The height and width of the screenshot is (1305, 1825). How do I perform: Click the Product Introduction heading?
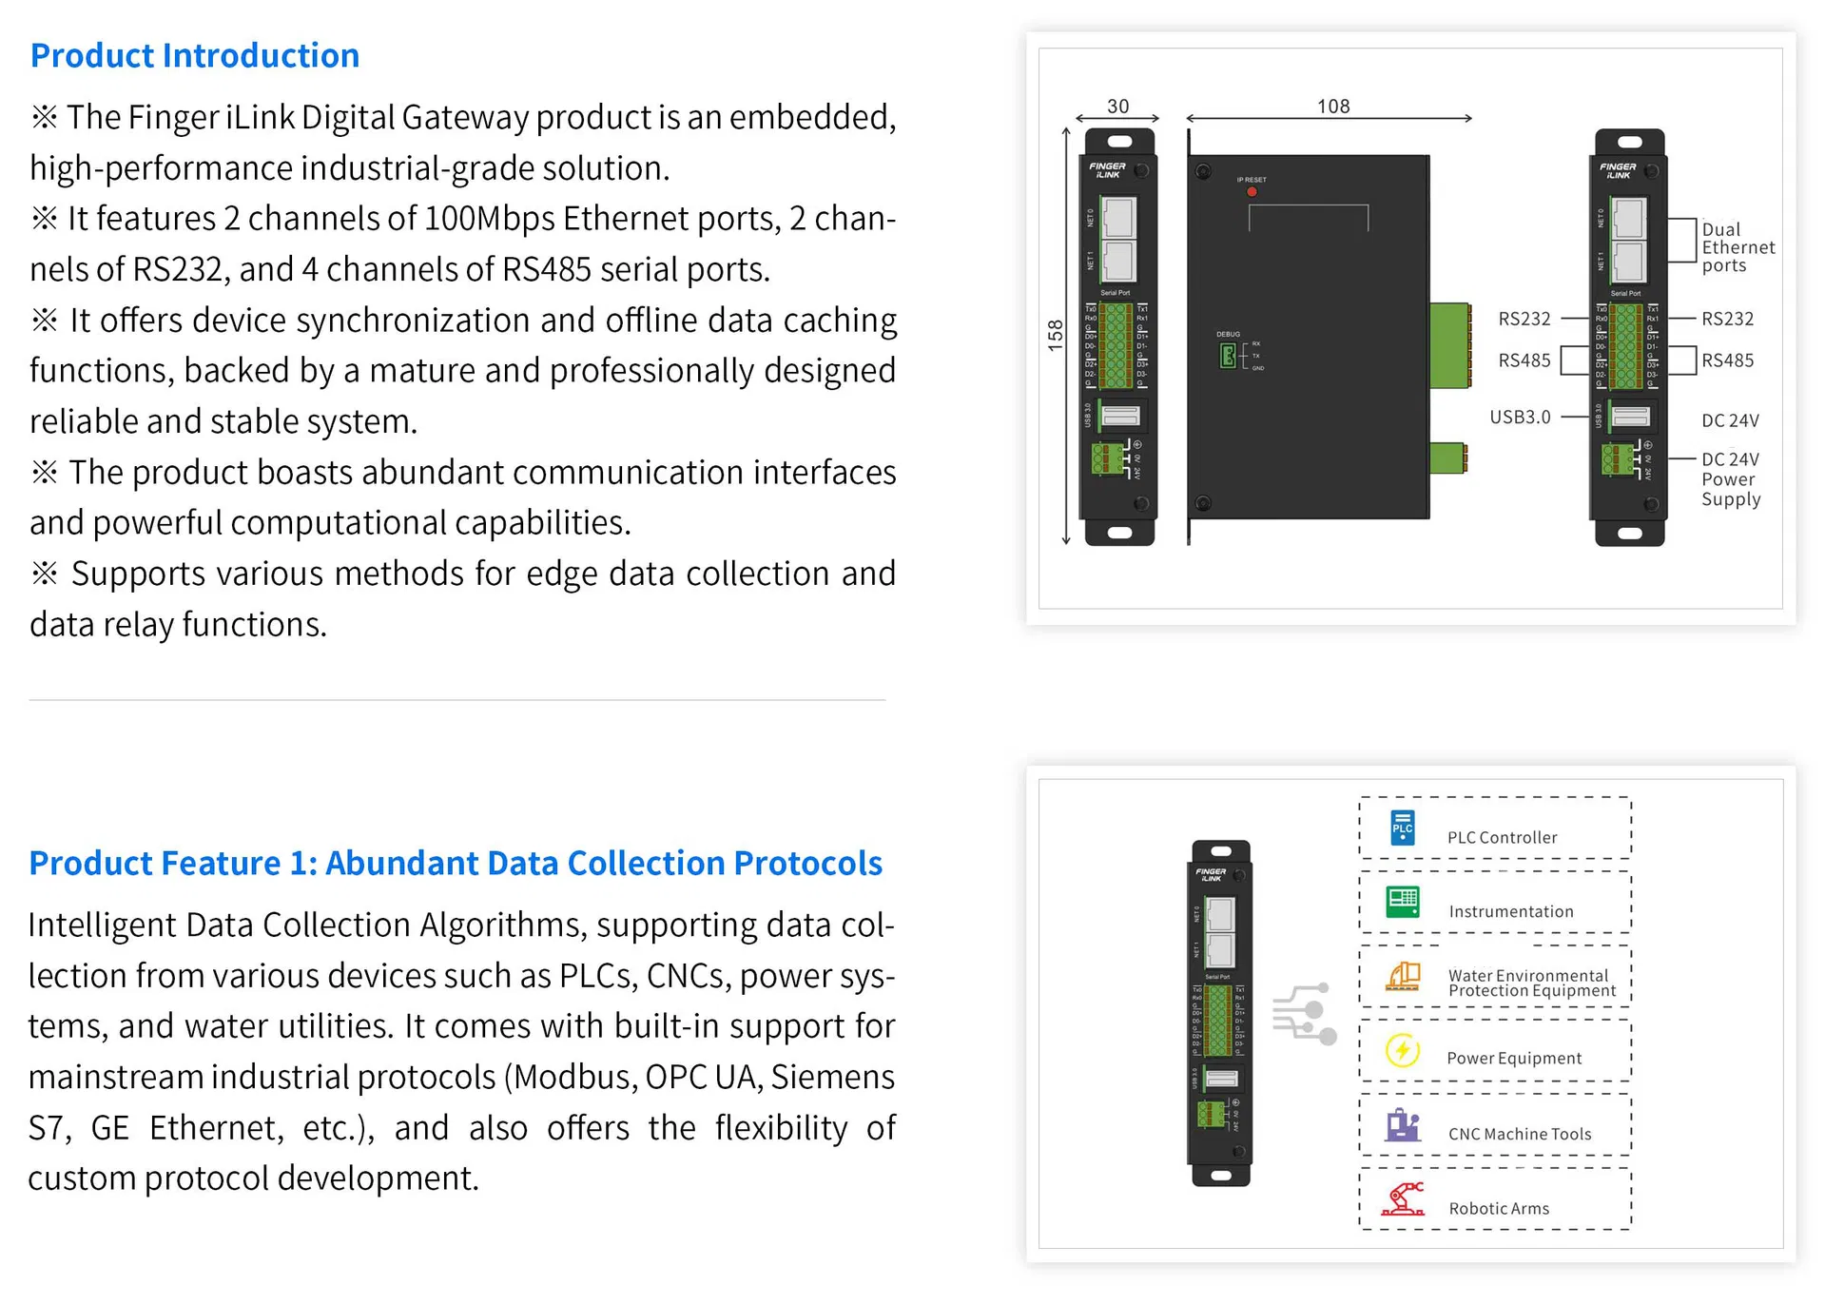pos(194,56)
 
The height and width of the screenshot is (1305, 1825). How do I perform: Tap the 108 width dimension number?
pos(1332,107)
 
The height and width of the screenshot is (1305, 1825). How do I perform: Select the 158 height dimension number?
pos(1055,336)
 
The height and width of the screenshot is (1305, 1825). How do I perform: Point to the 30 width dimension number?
pos(1117,107)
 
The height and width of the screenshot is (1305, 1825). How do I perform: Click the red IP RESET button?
pos(1252,192)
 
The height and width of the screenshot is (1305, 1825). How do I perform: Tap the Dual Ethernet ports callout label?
pos(1737,247)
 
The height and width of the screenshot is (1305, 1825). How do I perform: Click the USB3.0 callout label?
pos(1519,418)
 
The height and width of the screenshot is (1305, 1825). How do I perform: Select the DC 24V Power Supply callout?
pos(1730,479)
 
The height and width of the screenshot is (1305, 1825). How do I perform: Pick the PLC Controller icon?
pos(1402,828)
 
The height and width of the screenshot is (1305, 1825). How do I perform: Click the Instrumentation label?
pos(1510,912)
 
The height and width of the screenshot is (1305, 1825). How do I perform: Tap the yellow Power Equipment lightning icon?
pos(1402,1051)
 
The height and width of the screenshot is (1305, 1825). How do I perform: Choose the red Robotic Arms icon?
pos(1404,1200)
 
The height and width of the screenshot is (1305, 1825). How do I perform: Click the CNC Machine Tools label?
pos(1519,1135)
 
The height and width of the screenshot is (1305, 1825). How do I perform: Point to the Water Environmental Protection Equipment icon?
pos(1403,977)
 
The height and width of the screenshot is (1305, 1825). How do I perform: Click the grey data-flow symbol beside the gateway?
pos(1304,1014)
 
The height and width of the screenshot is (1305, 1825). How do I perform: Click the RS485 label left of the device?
pos(1524,360)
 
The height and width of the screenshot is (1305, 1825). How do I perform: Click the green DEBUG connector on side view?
pos(1228,356)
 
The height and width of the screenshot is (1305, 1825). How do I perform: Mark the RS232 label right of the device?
pos(1727,320)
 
